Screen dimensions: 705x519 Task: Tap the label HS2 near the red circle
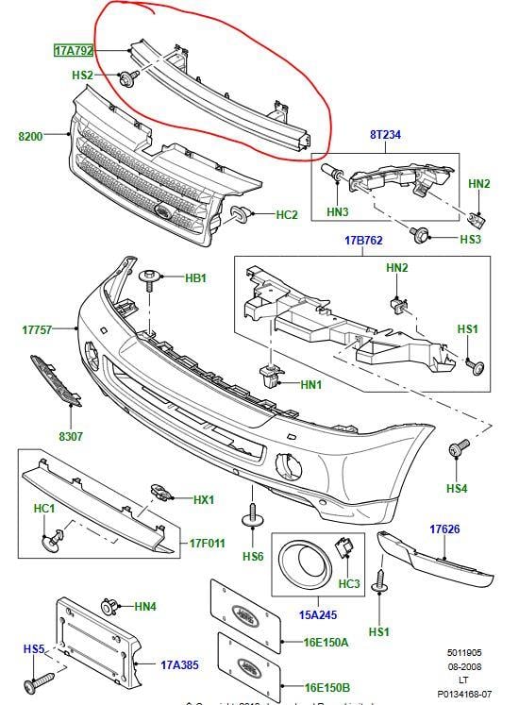click(x=82, y=74)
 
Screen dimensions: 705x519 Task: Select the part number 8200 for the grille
click(x=31, y=137)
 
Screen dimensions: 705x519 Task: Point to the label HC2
click(x=286, y=214)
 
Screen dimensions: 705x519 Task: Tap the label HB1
click(x=195, y=278)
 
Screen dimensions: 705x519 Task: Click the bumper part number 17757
click(x=39, y=329)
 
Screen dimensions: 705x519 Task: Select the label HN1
click(x=311, y=384)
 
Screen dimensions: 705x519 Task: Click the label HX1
click(x=204, y=500)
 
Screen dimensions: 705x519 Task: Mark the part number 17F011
click(x=207, y=545)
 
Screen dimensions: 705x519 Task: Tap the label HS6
click(x=252, y=557)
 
